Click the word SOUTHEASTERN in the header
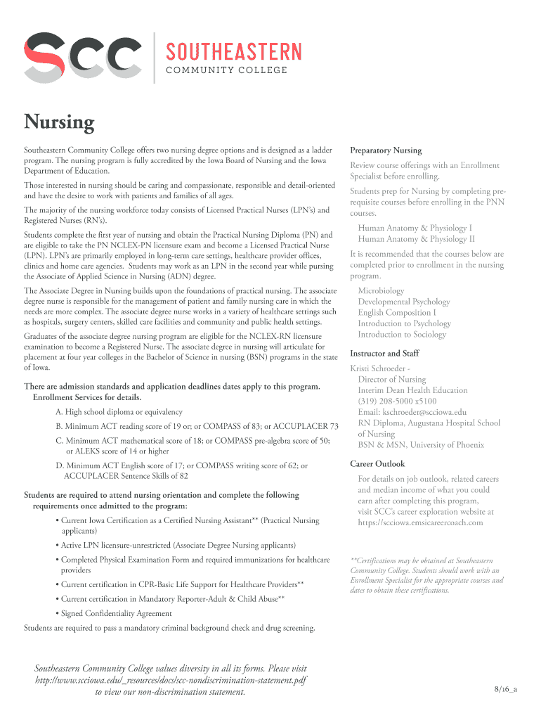233,51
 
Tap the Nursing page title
60,123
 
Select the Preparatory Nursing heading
386,150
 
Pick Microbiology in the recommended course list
381,290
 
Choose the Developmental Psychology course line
403,302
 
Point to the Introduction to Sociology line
402,335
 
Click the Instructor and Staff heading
384,354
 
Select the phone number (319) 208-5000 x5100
396,401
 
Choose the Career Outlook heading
377,464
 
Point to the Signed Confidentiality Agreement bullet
116,613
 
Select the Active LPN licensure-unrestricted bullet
178,545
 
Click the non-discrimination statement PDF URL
171,680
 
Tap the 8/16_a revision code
504,689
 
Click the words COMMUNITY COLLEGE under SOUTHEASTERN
226,70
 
